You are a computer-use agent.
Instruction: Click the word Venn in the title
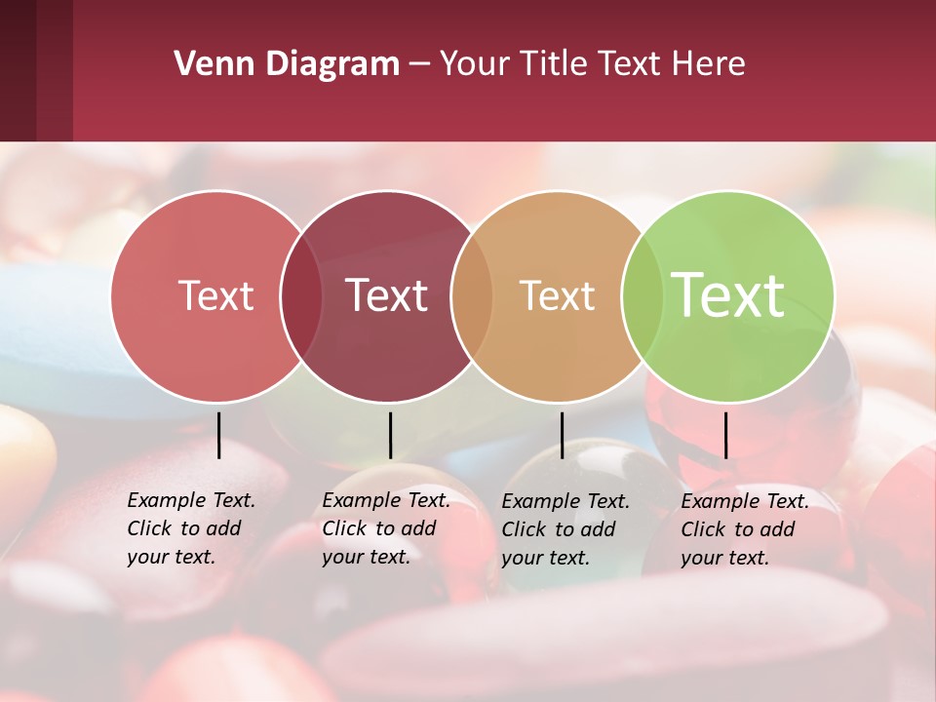pos(207,64)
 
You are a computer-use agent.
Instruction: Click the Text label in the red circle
pos(215,295)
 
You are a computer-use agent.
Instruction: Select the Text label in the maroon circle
pos(386,295)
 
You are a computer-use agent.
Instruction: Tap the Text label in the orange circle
pos(557,295)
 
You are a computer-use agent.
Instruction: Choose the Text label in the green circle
pos(727,295)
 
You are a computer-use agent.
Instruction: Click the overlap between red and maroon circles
pos(301,296)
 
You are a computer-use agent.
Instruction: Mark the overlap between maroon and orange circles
pos(472,296)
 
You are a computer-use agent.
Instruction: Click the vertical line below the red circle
pos(218,435)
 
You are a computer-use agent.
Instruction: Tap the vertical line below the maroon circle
pos(390,435)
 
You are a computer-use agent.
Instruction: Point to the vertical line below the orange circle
pos(562,435)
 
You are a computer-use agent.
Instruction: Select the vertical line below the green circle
pos(725,435)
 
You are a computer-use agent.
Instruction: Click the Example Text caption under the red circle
pos(190,528)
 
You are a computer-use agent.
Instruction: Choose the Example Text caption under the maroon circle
pos(385,528)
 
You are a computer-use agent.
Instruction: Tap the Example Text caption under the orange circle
pos(565,529)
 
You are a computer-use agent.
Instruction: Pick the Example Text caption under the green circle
pos(744,529)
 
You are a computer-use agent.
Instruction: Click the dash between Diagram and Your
pos(419,65)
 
